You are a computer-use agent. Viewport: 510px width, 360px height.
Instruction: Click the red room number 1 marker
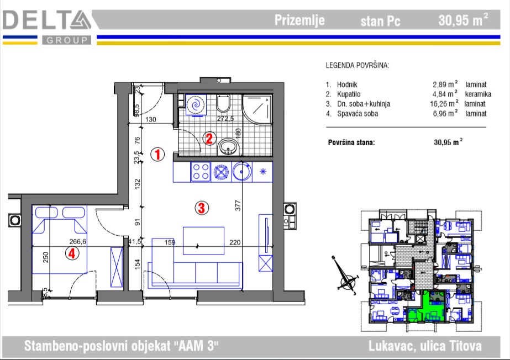coord(157,155)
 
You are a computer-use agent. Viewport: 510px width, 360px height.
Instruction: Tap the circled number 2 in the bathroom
coord(209,139)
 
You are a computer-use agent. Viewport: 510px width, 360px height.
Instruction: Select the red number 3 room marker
coord(201,208)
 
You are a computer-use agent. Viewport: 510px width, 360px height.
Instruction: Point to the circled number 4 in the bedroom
coord(72,253)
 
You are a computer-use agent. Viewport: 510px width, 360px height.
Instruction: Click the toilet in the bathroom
coord(223,103)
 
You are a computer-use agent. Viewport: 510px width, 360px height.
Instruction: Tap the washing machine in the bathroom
coord(196,105)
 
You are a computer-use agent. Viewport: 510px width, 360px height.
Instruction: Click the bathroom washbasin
coord(229,147)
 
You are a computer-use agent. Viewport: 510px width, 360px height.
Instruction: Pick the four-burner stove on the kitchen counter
coord(201,172)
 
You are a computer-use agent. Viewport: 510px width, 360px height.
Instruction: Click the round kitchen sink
coord(242,171)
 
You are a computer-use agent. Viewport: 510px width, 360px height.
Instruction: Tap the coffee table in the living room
coord(203,241)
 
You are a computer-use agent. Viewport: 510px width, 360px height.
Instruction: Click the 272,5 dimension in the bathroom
coord(225,119)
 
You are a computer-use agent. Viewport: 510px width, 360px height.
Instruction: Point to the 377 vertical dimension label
coord(238,205)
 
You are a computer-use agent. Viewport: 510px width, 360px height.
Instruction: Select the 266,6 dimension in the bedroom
coord(78,241)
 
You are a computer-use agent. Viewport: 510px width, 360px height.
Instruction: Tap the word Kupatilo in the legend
coord(349,94)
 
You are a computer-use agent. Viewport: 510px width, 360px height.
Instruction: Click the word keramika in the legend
coord(478,94)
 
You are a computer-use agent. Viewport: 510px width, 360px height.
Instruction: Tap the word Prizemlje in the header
coord(299,20)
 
